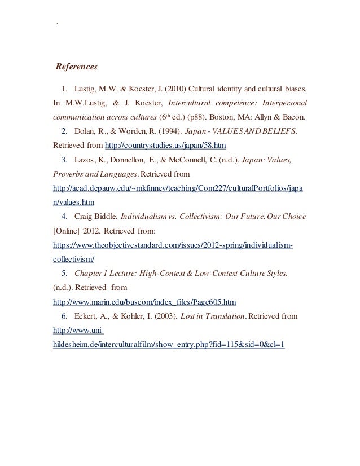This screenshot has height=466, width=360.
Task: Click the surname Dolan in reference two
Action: tap(86, 131)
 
